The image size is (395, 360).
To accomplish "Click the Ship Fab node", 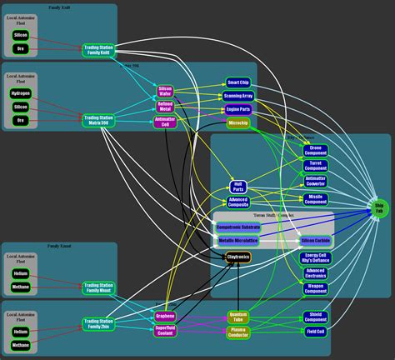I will click(379, 208).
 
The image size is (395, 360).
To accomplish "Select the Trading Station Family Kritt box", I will click(100, 50).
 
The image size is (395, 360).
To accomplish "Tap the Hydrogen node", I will click(21, 94).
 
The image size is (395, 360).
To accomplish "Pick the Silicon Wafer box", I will click(165, 91).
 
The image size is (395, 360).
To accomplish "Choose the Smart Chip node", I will click(237, 83).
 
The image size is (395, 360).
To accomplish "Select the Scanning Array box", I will click(237, 96).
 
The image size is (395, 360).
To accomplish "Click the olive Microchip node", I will click(237, 123).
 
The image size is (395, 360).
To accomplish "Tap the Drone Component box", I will click(316, 150).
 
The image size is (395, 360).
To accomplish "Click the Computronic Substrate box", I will click(237, 227).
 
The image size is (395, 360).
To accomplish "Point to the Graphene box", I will click(165, 316).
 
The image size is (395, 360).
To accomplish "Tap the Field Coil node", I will click(316, 331).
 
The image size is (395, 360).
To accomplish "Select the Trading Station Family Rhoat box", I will click(100, 287).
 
